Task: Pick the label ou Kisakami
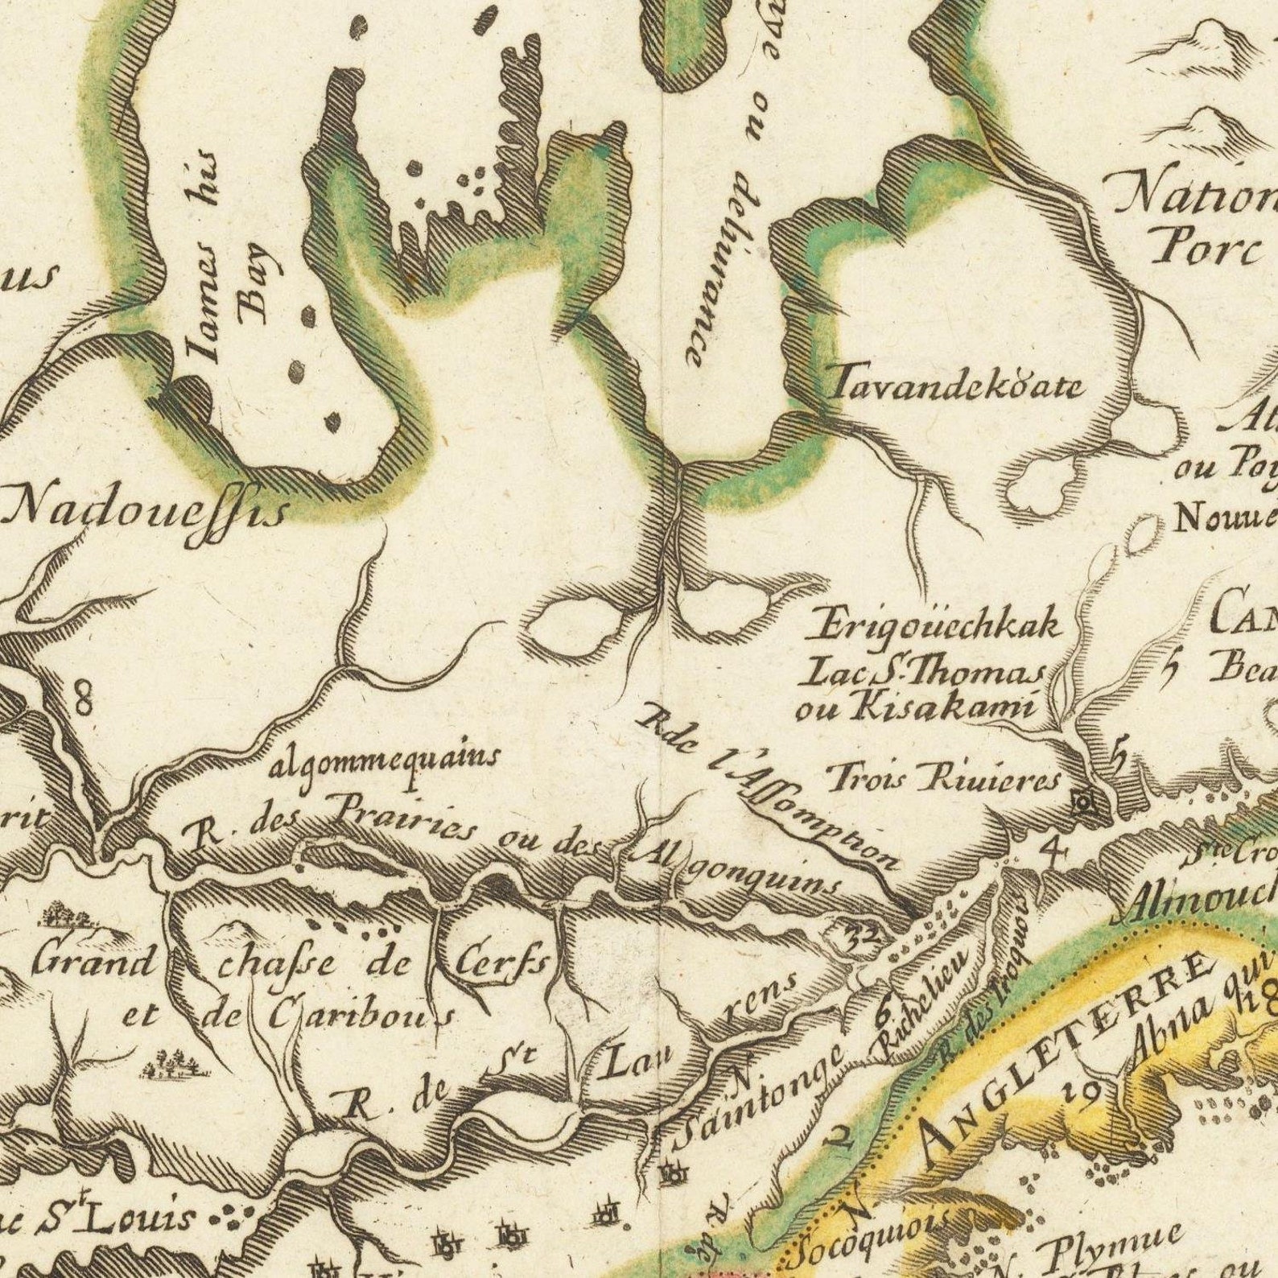click(x=913, y=707)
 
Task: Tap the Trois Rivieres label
click(x=946, y=779)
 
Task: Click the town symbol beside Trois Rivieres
click(x=1084, y=802)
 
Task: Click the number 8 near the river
click(x=84, y=697)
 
